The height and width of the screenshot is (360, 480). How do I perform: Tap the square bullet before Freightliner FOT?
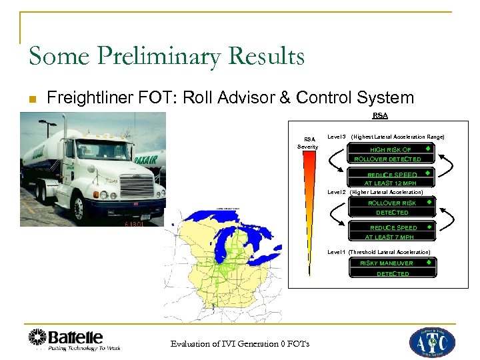[31, 99]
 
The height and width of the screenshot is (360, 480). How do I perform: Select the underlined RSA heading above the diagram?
[380, 116]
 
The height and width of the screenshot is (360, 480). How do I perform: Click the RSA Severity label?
[308, 143]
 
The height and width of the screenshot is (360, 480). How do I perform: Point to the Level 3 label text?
[337, 137]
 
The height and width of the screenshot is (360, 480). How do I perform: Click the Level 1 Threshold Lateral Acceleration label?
[379, 252]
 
